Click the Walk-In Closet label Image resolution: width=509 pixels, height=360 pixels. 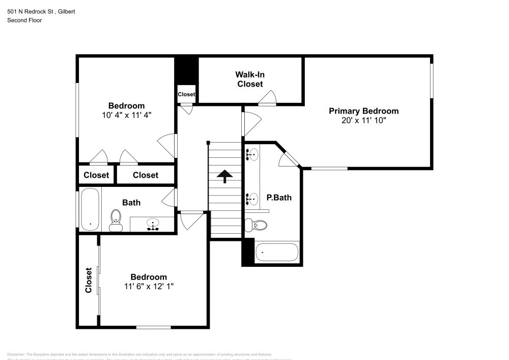(250, 79)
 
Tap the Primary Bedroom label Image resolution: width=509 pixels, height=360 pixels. (363, 111)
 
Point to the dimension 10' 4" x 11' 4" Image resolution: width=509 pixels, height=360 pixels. (126, 115)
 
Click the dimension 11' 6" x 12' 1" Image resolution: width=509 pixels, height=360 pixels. (149, 286)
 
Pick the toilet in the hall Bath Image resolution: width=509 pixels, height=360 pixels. (116, 220)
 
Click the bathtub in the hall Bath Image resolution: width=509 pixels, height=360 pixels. (90, 209)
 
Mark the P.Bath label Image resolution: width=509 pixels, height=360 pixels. (279, 198)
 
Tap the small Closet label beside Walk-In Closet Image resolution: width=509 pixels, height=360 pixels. (186, 94)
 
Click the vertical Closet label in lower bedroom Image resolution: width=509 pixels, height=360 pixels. (89, 280)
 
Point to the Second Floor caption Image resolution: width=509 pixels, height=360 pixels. (24, 20)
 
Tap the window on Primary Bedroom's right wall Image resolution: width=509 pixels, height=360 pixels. (432, 80)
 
